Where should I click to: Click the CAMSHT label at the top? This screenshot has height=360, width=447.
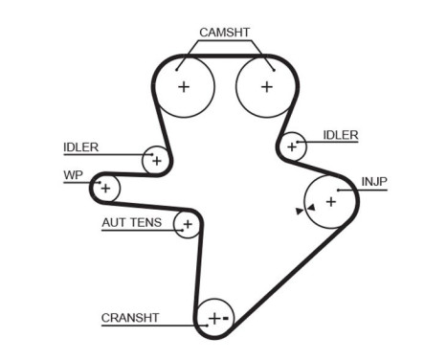[x=224, y=33]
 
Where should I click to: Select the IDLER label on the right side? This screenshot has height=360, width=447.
[x=340, y=135]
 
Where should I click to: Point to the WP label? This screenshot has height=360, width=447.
[x=72, y=176]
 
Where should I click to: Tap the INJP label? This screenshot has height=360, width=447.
[x=374, y=181]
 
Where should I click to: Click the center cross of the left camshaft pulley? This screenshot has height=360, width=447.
[x=184, y=86]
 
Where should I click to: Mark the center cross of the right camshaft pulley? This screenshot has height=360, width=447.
[x=266, y=86]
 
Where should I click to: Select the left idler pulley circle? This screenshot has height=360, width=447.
[x=155, y=161]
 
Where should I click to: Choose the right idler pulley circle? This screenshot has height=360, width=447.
[x=293, y=146]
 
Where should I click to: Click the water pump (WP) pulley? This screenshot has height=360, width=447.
[x=105, y=188]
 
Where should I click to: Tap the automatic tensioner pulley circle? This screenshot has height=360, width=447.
[x=188, y=225]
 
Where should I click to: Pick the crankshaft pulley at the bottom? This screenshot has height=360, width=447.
[x=214, y=318]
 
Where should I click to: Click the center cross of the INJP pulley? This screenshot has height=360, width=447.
[x=330, y=201]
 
